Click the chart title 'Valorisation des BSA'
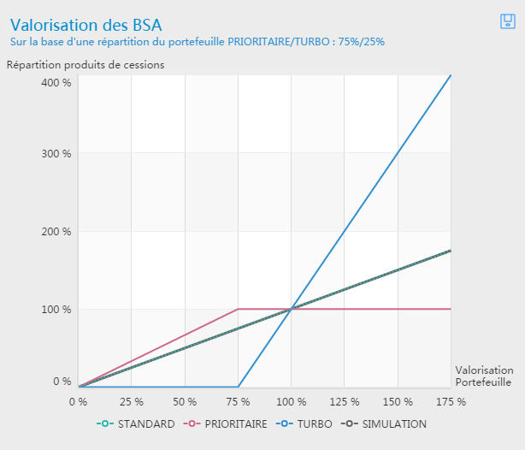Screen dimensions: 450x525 [x=86, y=25]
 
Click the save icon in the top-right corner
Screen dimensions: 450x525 [x=506, y=21]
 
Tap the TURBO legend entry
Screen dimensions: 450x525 [x=310, y=424]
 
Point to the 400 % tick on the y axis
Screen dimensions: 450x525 [x=56, y=82]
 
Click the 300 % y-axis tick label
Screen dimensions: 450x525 [x=56, y=154]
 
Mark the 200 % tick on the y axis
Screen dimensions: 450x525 [x=56, y=232]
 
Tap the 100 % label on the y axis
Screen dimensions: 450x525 [x=56, y=309]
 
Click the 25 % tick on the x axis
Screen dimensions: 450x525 [x=131, y=400]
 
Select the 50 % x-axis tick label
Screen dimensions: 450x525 [x=184, y=400]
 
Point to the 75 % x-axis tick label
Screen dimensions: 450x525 [x=238, y=400]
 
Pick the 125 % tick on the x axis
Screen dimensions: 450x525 [x=344, y=400]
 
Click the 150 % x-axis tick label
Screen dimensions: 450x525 [x=398, y=400]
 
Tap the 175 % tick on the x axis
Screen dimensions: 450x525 [x=450, y=400]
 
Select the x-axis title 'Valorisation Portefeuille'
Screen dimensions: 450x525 [x=484, y=376]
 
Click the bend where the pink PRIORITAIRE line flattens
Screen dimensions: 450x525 [x=238, y=309]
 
